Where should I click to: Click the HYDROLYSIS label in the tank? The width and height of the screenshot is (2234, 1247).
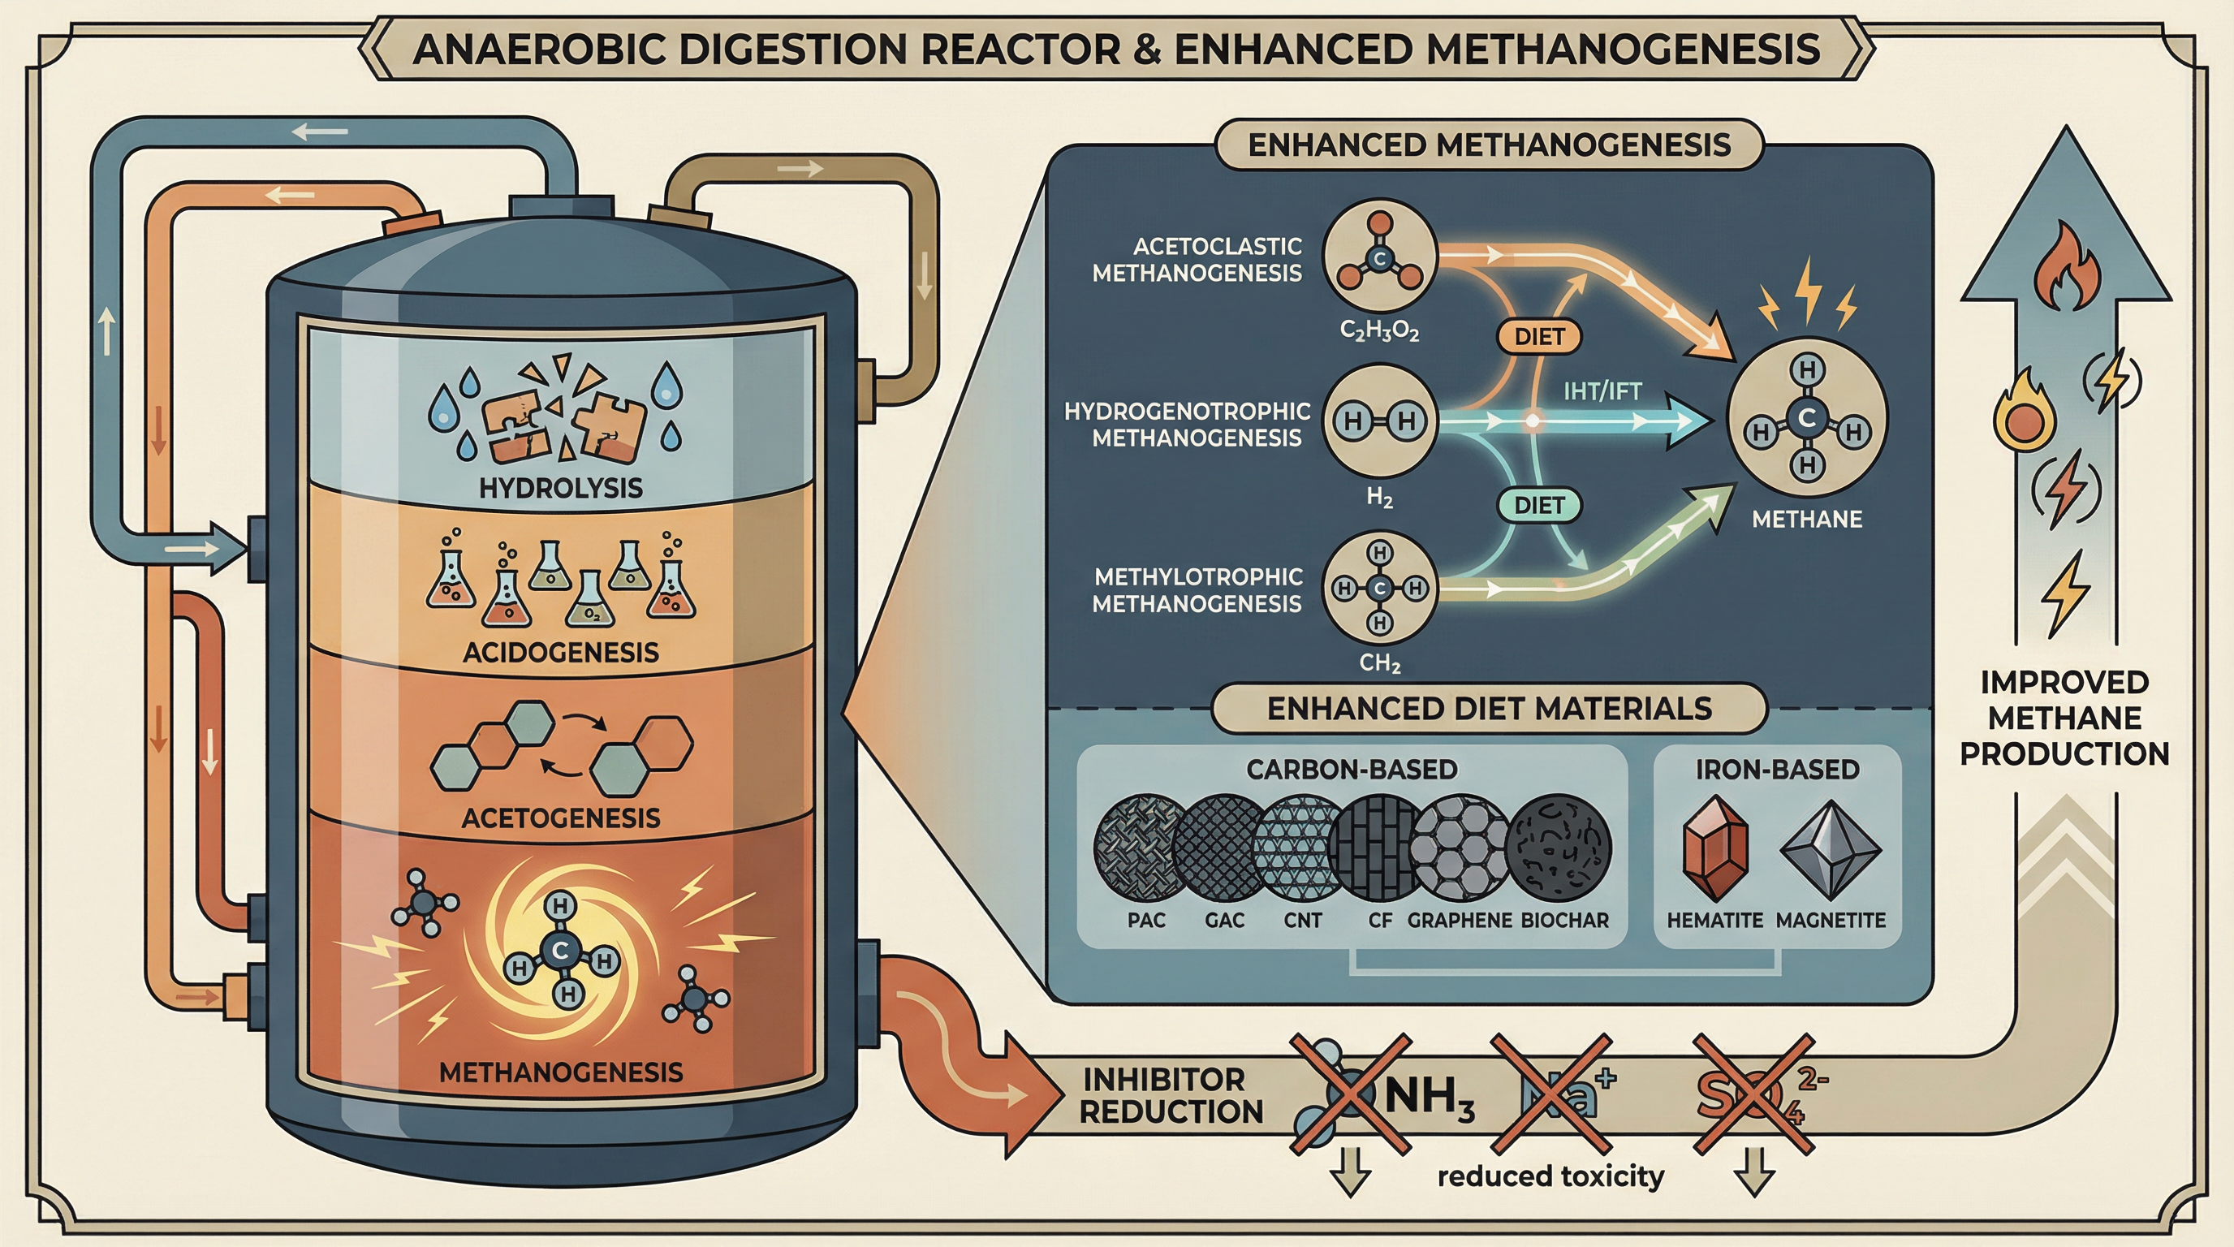(560, 488)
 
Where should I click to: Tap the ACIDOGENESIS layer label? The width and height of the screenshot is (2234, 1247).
(560, 652)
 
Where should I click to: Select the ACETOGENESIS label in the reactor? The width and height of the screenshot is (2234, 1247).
(560, 818)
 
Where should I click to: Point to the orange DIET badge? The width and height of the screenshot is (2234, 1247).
(1539, 336)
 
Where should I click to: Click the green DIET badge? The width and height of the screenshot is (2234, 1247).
(1539, 506)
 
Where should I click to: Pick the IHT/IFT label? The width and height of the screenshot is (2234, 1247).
(1602, 392)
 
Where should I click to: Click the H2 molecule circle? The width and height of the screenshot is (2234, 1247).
(1379, 421)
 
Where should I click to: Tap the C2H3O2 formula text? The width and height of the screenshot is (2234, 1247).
(1379, 331)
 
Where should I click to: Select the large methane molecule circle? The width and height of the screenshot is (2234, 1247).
(1806, 419)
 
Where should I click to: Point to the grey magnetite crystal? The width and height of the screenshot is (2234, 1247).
(1830, 850)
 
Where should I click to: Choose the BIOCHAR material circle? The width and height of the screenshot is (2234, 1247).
(1559, 848)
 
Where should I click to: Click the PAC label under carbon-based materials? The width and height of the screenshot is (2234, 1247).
(1145, 920)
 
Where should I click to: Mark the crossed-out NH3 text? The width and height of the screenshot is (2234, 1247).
(1430, 1098)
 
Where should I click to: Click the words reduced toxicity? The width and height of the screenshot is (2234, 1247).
(1550, 1176)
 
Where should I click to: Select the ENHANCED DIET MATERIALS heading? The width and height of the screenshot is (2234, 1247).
(1489, 709)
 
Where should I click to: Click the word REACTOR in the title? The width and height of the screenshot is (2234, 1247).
(1024, 49)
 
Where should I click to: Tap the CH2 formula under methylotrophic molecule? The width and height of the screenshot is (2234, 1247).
(1379, 664)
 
